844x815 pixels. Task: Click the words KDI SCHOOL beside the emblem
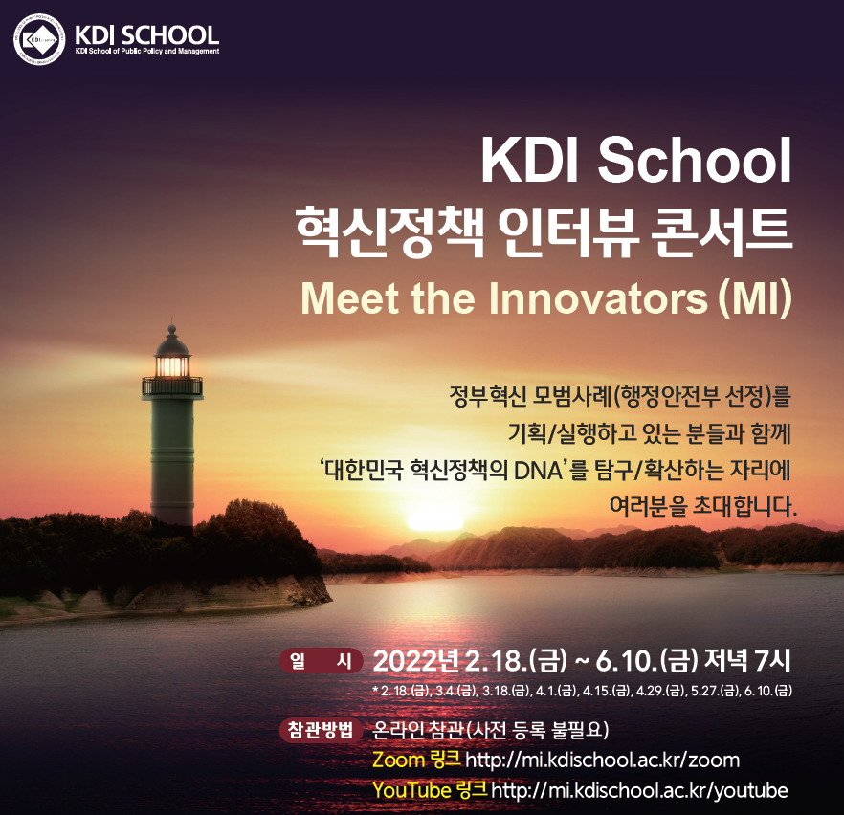pyautogui.click(x=146, y=35)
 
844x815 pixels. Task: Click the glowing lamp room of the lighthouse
pyautogui.click(x=172, y=364)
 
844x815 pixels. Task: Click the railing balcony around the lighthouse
pyautogui.click(x=172, y=386)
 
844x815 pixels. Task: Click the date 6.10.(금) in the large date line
pyautogui.click(x=647, y=661)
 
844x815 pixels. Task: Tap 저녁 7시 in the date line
pyautogui.click(x=747, y=661)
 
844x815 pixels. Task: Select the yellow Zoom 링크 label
pyautogui.click(x=416, y=760)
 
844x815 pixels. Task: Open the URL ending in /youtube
pyautogui.click(x=639, y=790)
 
